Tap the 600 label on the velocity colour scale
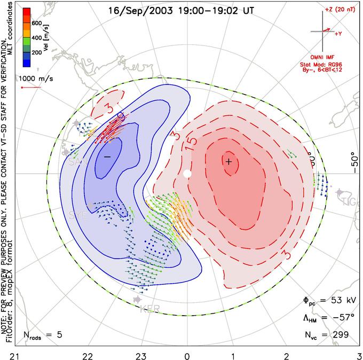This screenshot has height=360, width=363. tap(37, 23)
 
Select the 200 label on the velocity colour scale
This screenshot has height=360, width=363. tap(37, 53)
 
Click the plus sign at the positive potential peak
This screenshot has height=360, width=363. tap(228, 161)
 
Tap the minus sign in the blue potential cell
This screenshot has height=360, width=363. tap(107, 156)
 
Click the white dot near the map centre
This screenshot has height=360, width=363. tap(187, 174)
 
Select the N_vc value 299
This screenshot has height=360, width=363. tap(339, 334)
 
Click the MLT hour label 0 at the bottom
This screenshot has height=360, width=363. tap(187, 355)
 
